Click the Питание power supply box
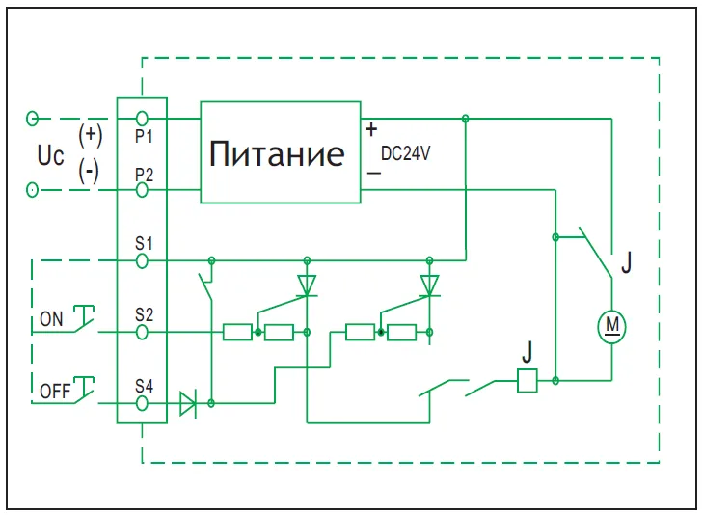click(x=281, y=152)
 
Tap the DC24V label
click(x=405, y=152)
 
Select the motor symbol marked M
click(x=611, y=326)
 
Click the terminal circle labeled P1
click(x=143, y=118)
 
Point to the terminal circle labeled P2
click(x=143, y=190)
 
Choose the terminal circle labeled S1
click(x=143, y=259)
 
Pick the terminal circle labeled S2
click(x=143, y=332)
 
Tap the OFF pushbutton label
click(x=55, y=393)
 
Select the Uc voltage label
click(x=50, y=153)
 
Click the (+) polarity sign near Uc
click(x=91, y=133)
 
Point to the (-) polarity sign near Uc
click(x=90, y=172)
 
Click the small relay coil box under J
click(x=528, y=381)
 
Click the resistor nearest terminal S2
click(x=236, y=332)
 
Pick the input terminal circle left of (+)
click(x=33, y=118)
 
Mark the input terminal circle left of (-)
click(x=33, y=190)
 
